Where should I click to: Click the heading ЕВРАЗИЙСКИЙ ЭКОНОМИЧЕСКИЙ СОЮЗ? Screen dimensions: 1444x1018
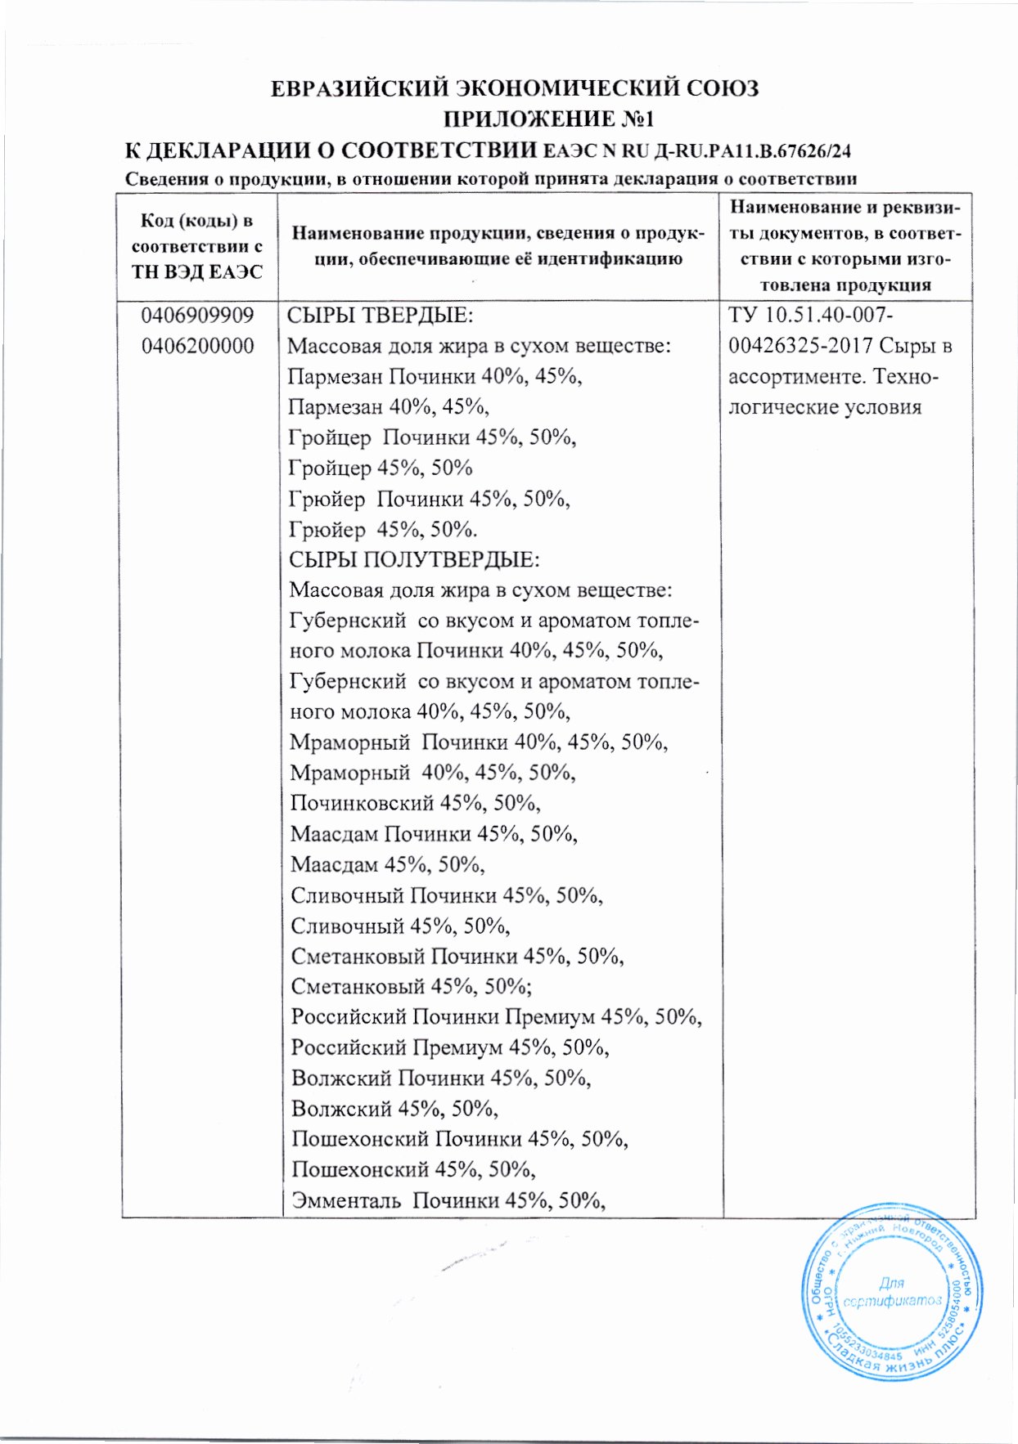(x=515, y=88)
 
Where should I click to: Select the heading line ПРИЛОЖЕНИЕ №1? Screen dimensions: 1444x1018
(x=548, y=119)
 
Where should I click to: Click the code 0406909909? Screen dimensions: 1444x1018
(x=197, y=316)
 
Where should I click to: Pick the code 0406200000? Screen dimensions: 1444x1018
(x=197, y=346)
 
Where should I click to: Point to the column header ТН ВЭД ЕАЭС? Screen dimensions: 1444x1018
(x=197, y=272)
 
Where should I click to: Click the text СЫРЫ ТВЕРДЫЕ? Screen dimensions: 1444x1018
(x=381, y=316)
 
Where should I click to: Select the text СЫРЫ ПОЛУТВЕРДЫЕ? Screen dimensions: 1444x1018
(x=414, y=560)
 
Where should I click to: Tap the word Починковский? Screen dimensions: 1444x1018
(x=362, y=803)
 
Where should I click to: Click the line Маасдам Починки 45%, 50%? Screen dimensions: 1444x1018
(x=434, y=834)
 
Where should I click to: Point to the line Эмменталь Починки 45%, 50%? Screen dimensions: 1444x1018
(x=448, y=1200)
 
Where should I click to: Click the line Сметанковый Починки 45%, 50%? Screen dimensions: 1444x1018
(x=457, y=956)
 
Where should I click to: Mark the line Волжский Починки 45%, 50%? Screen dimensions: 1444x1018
(x=441, y=1078)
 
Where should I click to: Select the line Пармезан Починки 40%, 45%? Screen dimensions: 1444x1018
(x=435, y=377)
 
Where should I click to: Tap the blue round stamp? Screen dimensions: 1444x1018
(x=891, y=1292)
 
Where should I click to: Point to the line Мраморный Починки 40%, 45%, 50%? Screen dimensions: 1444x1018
(x=479, y=742)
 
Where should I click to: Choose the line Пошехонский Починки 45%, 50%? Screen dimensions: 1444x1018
(x=460, y=1139)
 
